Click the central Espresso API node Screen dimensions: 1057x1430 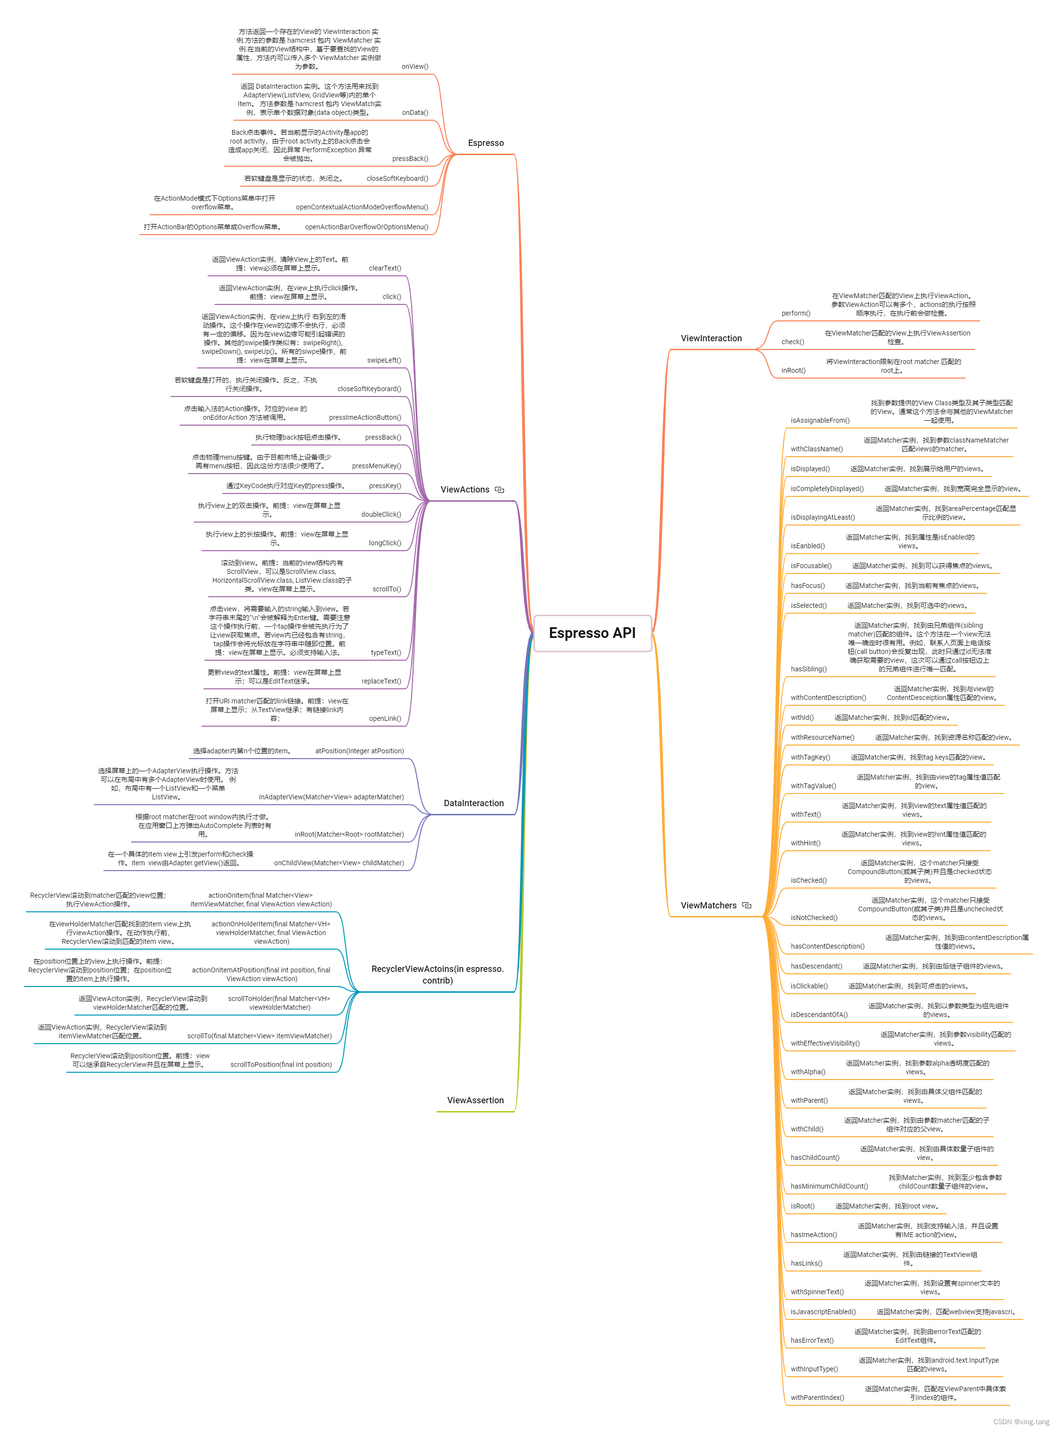[x=592, y=633]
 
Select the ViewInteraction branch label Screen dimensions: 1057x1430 [x=711, y=338]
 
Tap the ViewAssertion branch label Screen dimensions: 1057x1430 [x=475, y=1100]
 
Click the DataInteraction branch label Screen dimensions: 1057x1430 [x=474, y=803]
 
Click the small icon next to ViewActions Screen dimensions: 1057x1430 [x=500, y=490]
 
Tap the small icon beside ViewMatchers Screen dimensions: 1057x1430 [x=747, y=906]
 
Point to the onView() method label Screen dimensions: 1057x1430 [x=415, y=66]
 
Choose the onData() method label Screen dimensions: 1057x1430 [x=415, y=112]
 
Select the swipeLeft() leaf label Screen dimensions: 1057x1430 [x=384, y=360]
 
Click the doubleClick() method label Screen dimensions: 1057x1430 [x=381, y=514]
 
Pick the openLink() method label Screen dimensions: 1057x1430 [x=384, y=718]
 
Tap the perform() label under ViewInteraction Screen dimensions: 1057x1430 [x=795, y=313]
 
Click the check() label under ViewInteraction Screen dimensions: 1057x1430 [x=792, y=342]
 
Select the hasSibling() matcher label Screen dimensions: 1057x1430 [x=808, y=669]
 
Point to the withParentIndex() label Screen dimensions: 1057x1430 [x=817, y=1398]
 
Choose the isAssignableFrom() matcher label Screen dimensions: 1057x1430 [x=819, y=420]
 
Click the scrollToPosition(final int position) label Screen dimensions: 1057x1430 [x=281, y=1065]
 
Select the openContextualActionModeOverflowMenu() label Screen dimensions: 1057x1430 [x=362, y=207]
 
